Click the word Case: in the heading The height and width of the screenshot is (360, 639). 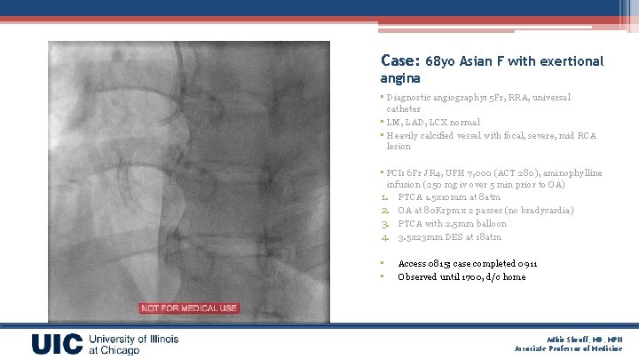point(399,61)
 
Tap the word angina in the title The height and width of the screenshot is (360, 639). point(400,79)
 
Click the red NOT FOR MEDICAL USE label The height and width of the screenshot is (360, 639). point(188,308)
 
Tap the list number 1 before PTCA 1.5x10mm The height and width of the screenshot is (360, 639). point(386,196)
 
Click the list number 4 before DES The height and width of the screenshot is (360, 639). point(386,237)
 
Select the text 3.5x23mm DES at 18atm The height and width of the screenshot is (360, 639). point(450,237)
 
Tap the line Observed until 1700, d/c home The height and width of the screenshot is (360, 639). point(461,276)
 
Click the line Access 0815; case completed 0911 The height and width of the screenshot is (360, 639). point(468,264)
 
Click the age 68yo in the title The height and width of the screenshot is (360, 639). point(440,62)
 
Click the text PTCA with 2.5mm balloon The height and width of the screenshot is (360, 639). point(452,223)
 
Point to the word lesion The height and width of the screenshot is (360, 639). point(398,147)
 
